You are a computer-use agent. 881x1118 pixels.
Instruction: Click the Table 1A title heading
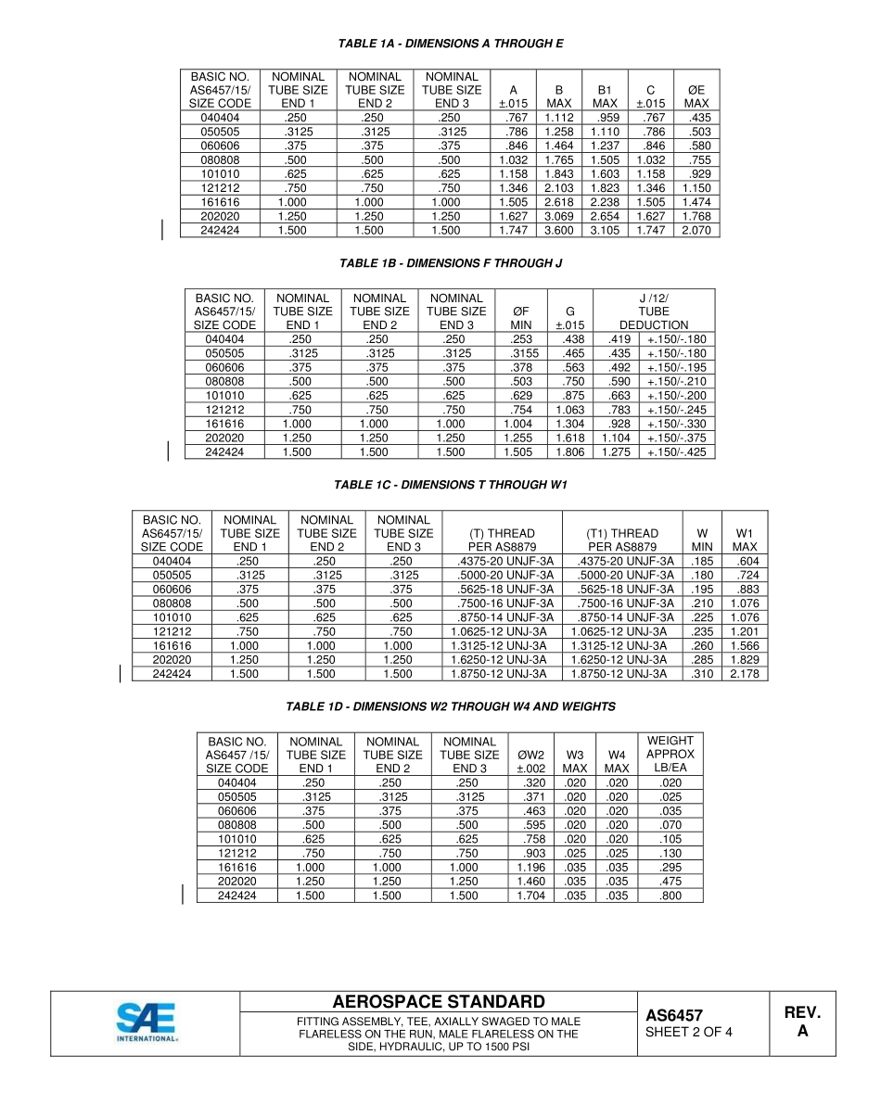pyautogui.click(x=451, y=44)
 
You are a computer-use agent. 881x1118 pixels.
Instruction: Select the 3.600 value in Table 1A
pyautogui.click(x=558, y=231)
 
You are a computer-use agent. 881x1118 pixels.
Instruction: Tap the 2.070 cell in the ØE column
pyautogui.click(x=696, y=231)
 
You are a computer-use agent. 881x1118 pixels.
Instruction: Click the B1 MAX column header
pyautogui.click(x=605, y=96)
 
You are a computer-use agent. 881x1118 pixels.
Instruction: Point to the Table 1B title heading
pyautogui.click(x=451, y=264)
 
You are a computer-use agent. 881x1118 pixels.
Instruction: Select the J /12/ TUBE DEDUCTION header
pyautogui.click(x=654, y=311)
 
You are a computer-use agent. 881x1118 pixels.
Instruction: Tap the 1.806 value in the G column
pyautogui.click(x=569, y=452)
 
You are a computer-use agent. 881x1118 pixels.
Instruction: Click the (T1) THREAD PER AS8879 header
pyautogui.click(x=622, y=540)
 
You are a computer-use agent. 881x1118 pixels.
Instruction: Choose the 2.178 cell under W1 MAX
pyautogui.click(x=745, y=674)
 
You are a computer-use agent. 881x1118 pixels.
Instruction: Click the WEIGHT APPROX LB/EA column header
pyautogui.click(x=670, y=755)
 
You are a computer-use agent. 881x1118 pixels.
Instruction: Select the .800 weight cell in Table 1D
pyautogui.click(x=670, y=896)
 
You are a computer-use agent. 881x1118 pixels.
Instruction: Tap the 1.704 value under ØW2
pyautogui.click(x=530, y=896)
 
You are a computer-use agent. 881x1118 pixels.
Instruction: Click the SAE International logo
pyautogui.click(x=146, y=1023)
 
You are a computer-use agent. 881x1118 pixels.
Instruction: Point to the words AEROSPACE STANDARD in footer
pyautogui.click(x=439, y=1002)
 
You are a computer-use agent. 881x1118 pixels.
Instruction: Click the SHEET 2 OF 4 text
pyautogui.click(x=688, y=1032)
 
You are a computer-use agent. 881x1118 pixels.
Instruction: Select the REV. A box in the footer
pyautogui.click(x=802, y=1022)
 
